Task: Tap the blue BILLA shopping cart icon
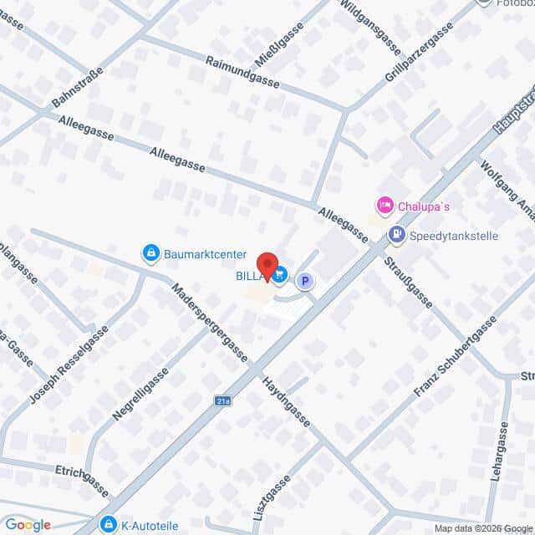(x=280, y=273)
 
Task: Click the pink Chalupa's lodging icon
(x=385, y=205)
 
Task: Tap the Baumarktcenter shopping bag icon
(x=150, y=252)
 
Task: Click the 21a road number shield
(x=222, y=400)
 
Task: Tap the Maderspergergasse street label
(x=209, y=324)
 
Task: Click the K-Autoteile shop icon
(x=108, y=524)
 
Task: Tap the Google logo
(x=28, y=525)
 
